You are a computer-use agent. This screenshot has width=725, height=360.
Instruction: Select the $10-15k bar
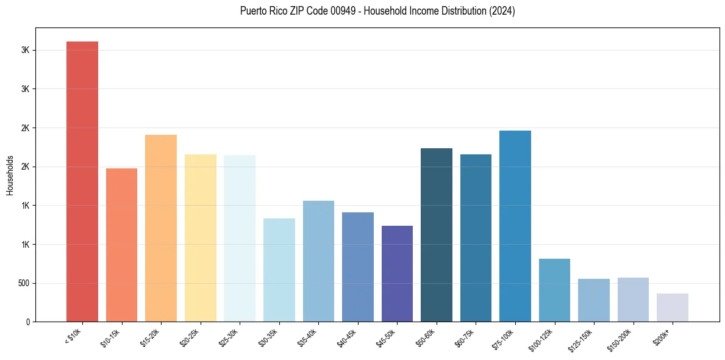(x=121, y=245)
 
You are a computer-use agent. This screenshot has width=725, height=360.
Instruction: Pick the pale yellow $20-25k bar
(x=200, y=238)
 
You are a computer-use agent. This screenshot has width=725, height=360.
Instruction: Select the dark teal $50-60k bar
(x=437, y=235)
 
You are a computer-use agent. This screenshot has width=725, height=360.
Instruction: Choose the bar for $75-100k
(x=515, y=226)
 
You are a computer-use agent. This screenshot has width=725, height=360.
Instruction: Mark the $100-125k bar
(x=554, y=290)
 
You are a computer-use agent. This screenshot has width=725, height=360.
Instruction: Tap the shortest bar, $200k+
(x=673, y=308)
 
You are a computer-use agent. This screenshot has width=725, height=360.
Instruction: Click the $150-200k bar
(x=633, y=300)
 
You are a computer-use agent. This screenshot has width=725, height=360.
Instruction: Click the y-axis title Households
(x=10, y=175)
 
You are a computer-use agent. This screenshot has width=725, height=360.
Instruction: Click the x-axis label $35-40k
(x=310, y=337)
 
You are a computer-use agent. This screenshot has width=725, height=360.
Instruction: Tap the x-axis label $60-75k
(x=467, y=337)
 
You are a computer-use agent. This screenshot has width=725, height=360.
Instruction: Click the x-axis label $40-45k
(x=349, y=337)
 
